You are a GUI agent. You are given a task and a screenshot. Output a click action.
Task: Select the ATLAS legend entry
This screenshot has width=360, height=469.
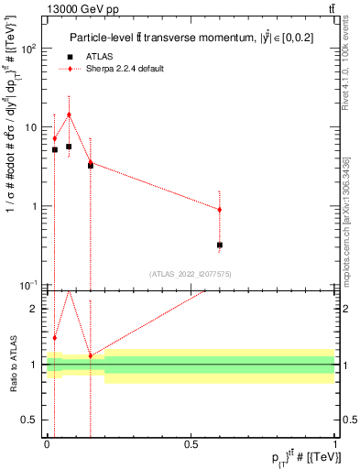[99, 57]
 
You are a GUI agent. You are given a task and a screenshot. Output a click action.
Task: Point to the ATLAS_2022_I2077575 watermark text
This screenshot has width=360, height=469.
[191, 273]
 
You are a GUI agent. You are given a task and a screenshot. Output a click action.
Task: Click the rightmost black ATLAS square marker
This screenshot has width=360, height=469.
[220, 245]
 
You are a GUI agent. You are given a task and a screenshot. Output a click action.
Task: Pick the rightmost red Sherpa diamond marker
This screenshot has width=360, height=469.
[220, 210]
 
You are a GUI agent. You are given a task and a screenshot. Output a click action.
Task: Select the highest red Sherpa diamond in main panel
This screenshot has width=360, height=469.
[69, 115]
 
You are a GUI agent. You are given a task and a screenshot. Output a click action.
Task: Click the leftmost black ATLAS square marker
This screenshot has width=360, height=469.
[55, 149]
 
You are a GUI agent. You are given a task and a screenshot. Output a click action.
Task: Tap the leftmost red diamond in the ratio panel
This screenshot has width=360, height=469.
[55, 338]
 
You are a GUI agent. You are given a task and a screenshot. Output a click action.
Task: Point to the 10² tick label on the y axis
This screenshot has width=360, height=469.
[29, 49]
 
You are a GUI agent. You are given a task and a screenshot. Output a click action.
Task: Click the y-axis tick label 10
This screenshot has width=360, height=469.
[31, 127]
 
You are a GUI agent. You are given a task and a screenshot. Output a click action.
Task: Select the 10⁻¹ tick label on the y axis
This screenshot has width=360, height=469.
[29, 285]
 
